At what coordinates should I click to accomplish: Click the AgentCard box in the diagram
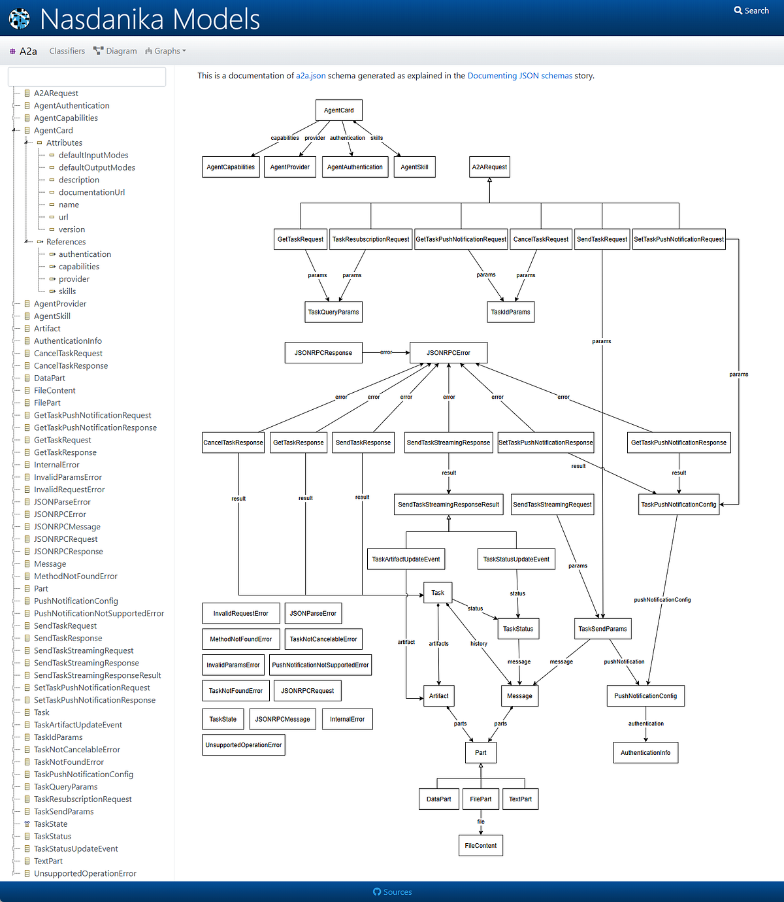point(338,110)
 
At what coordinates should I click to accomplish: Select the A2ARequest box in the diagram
point(489,167)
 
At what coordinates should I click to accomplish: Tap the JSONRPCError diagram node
point(448,353)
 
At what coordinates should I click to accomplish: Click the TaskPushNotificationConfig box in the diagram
point(678,505)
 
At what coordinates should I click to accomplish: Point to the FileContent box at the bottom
point(480,846)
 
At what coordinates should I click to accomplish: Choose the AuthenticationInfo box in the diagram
point(645,753)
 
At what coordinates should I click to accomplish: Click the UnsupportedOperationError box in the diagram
point(243,745)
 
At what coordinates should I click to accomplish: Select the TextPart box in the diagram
point(520,799)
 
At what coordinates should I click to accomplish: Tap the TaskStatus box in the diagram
point(518,629)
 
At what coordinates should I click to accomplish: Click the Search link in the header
point(751,10)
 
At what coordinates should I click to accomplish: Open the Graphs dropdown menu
point(166,51)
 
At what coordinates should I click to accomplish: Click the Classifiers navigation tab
point(67,51)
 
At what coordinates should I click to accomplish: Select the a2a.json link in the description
point(310,76)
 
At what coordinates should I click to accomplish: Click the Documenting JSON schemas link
point(519,76)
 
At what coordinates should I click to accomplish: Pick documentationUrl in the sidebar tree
point(91,192)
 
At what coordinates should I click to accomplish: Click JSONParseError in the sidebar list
point(62,502)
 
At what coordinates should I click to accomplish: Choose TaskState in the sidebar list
point(50,824)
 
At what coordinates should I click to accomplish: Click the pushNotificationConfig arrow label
point(662,600)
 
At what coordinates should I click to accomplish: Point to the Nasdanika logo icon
point(20,18)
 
